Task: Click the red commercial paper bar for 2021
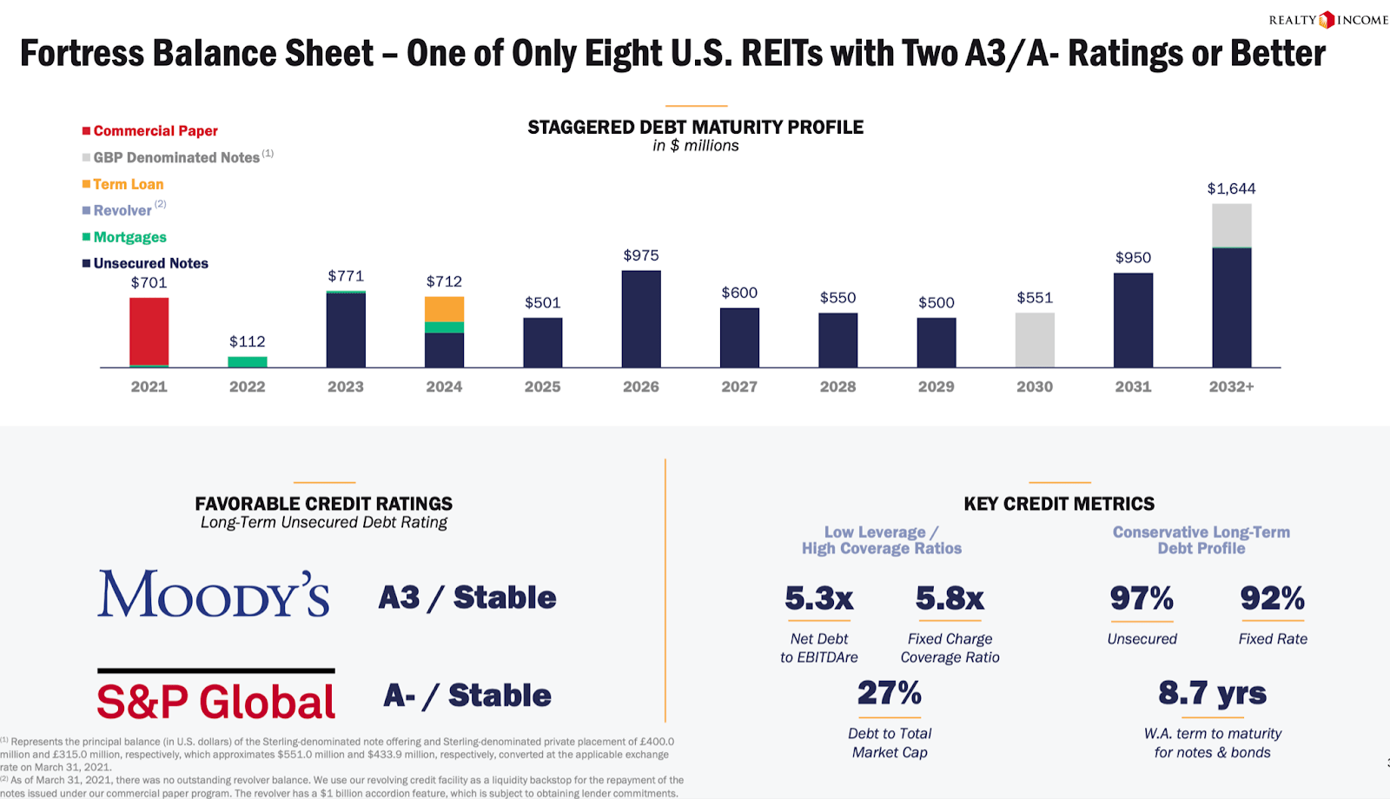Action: pyautogui.click(x=149, y=332)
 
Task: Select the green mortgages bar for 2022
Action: pyautogui.click(x=248, y=361)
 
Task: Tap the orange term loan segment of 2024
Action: pyautogui.click(x=444, y=309)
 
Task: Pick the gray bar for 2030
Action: pyautogui.click(x=1035, y=340)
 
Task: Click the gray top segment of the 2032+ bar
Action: pyautogui.click(x=1231, y=226)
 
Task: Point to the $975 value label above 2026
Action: pyautogui.click(x=641, y=255)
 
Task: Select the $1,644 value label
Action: pyautogui.click(x=1231, y=188)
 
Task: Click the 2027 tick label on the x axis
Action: pyautogui.click(x=739, y=386)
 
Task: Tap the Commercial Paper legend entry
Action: pyautogui.click(x=155, y=131)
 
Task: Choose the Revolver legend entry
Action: pyautogui.click(x=122, y=210)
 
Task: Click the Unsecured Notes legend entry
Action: pyautogui.click(x=150, y=263)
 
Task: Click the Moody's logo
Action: pyautogui.click(x=214, y=595)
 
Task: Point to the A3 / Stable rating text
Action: pyautogui.click(x=467, y=598)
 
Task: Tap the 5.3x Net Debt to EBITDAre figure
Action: pyautogui.click(x=818, y=598)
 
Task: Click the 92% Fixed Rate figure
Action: pyautogui.click(x=1272, y=598)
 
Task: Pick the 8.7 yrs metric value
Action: pyautogui.click(x=1212, y=693)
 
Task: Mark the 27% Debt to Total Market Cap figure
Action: pyautogui.click(x=889, y=693)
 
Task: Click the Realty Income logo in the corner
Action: pyautogui.click(x=1327, y=20)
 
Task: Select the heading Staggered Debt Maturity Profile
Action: pyautogui.click(x=695, y=128)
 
